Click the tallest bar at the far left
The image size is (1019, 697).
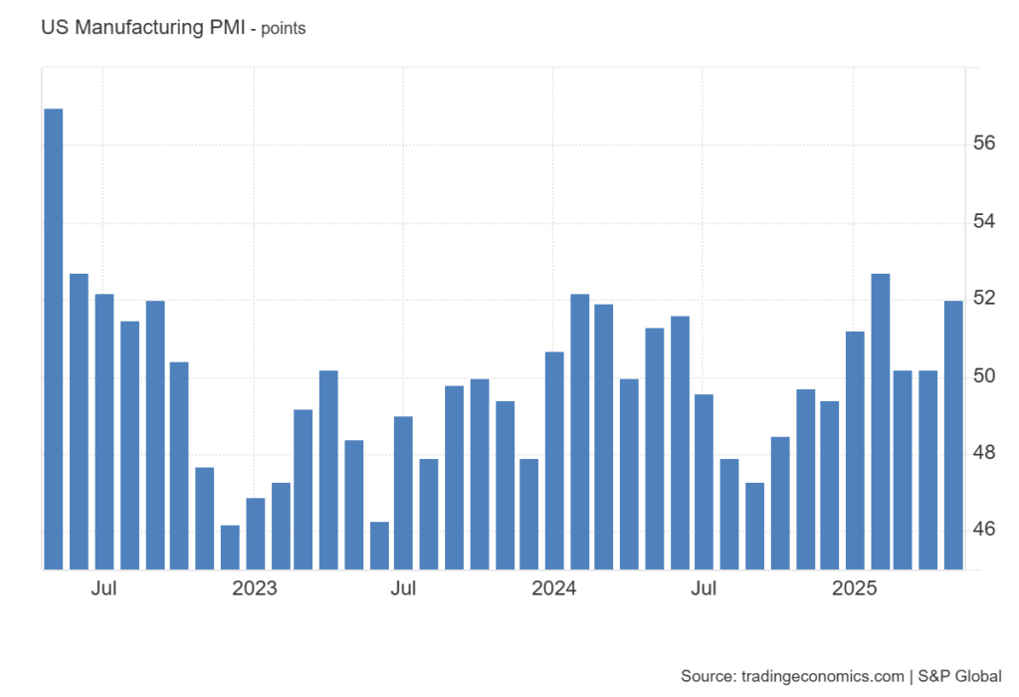coord(54,339)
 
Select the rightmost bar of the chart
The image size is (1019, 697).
coord(953,434)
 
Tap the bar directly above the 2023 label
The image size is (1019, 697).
coord(255,534)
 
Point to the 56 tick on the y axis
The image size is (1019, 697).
coord(984,143)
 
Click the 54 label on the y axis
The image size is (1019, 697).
coord(984,221)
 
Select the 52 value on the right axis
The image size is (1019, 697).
coord(984,299)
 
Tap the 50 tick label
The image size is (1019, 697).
coord(984,376)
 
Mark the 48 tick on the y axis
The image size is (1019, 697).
coord(984,453)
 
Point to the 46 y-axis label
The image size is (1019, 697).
coord(984,530)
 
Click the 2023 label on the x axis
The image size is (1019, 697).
coord(255,588)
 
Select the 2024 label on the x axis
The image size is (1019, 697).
coord(554,588)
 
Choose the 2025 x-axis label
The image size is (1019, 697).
coord(854,588)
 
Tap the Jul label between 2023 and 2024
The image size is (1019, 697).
coord(403,588)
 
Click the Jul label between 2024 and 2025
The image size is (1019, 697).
coord(704,588)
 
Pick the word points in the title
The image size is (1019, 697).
coord(284,29)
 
